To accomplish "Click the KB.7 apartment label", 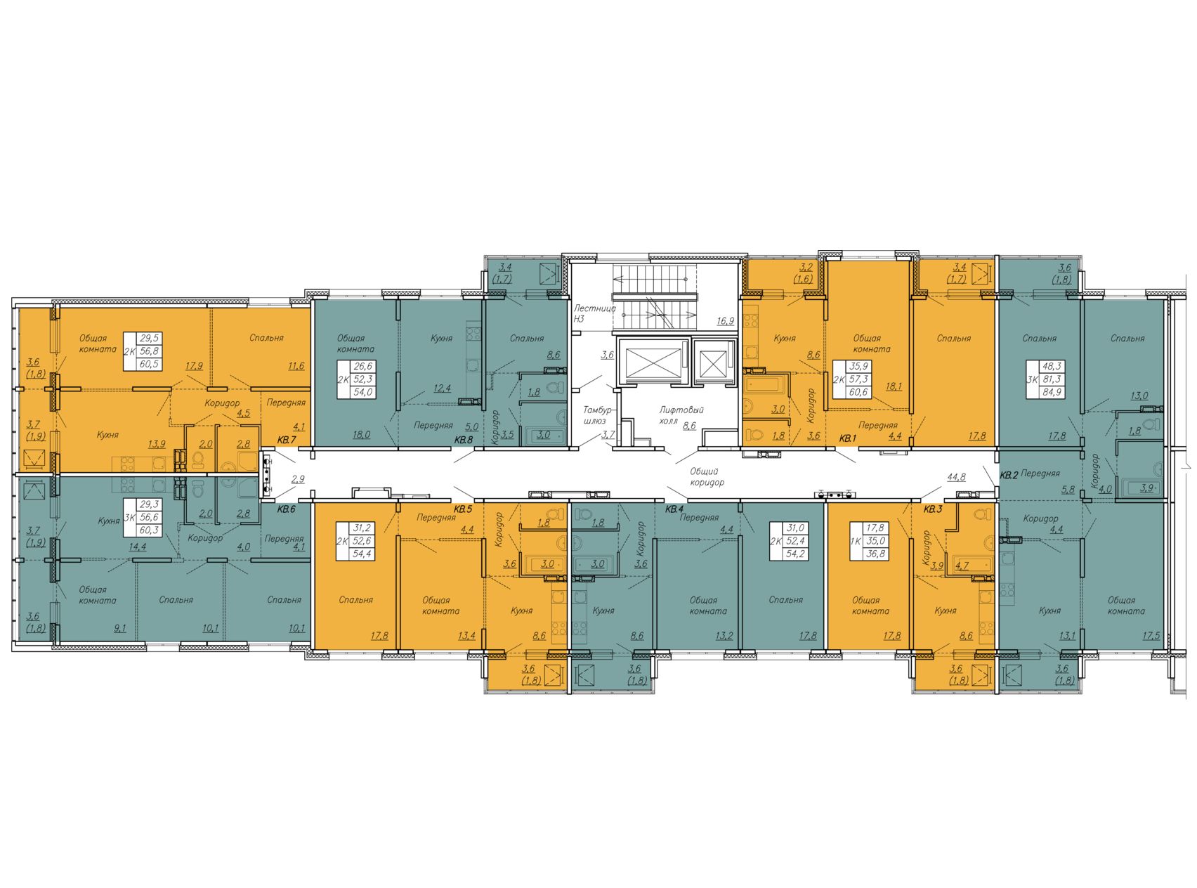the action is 287,440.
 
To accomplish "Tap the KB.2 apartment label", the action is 1009,476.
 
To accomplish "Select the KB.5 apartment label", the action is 462,509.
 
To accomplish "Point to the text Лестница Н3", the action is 594,313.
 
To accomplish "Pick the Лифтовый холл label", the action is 681,415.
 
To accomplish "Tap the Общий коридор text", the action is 707,477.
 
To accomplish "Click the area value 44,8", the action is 956,477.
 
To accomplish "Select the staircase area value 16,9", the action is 725,321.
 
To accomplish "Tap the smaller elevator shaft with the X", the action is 713,363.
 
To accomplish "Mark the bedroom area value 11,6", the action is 296,366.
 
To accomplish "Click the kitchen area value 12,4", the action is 442,388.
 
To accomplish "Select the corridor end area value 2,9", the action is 298,479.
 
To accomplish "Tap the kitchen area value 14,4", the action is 138,546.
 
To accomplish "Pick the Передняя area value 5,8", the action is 1068,490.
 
